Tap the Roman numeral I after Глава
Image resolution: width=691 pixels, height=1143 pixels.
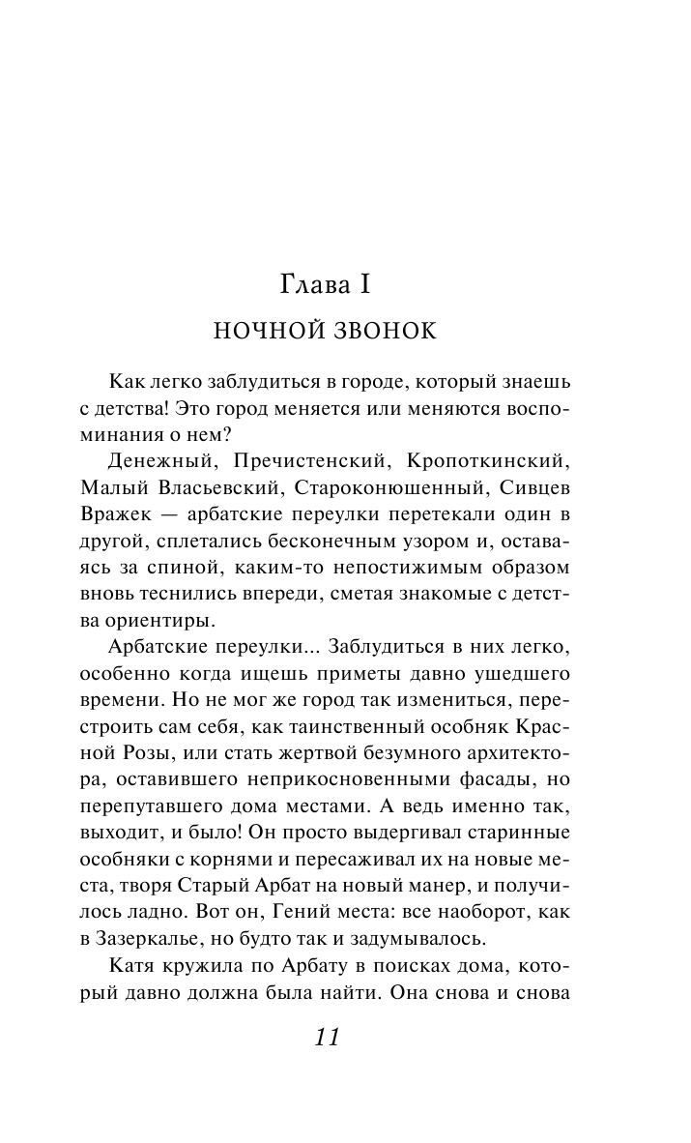tap(366, 286)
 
